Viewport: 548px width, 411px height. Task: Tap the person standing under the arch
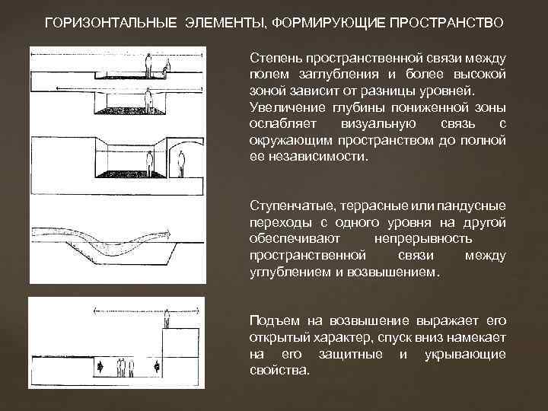[180, 161]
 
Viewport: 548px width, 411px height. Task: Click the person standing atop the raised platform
[167, 320]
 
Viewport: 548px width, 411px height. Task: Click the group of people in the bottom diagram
[126, 368]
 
